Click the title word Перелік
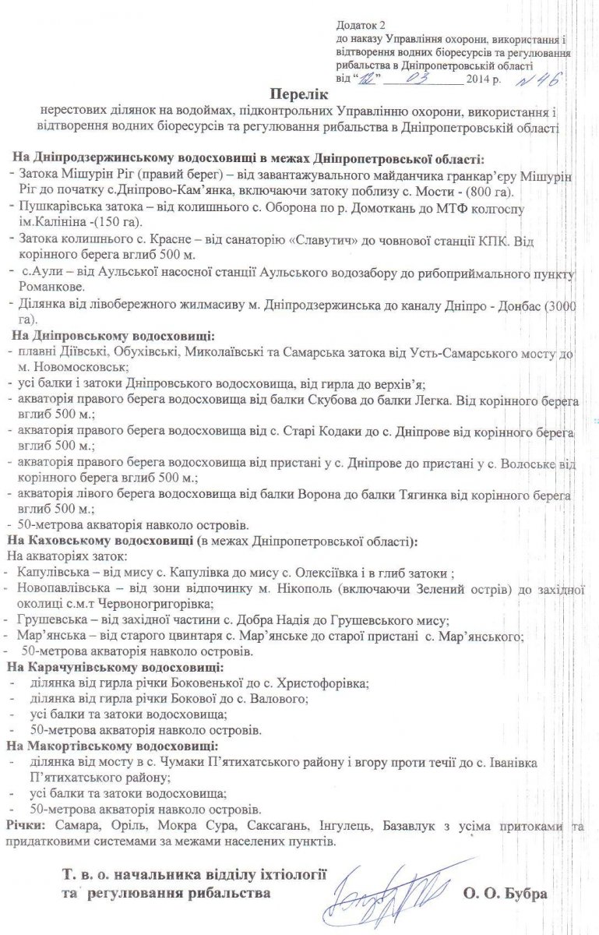pyautogui.click(x=301, y=93)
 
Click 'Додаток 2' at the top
pyautogui.click(x=358, y=26)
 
